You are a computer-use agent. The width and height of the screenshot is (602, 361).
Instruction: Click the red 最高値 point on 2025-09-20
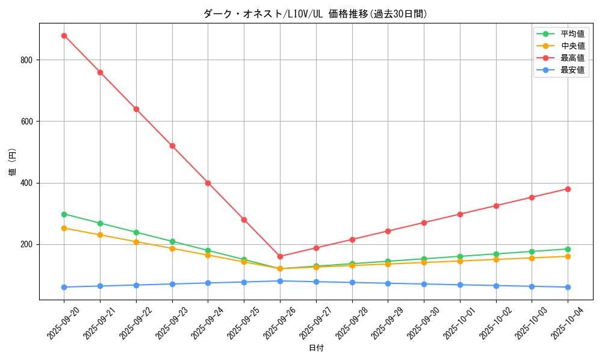coord(64,35)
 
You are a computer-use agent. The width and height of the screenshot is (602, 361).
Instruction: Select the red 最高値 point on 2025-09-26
coord(280,256)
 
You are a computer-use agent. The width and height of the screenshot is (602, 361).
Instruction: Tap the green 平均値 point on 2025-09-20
coord(64,214)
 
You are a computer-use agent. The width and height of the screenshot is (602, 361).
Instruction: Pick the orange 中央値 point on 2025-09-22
coord(136,242)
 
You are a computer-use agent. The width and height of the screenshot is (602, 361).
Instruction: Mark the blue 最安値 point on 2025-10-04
coord(568,287)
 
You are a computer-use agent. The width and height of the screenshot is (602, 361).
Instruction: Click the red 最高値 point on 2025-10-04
coord(568,189)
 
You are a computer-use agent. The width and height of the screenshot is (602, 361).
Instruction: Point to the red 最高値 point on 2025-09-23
coord(172,146)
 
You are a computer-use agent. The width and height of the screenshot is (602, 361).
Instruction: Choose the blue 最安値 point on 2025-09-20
coord(64,287)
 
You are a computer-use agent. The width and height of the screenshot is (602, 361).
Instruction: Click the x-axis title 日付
coord(316,348)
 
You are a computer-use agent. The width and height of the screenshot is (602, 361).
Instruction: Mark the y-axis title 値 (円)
coord(12,162)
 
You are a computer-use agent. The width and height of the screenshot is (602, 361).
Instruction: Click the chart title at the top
coord(316,14)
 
